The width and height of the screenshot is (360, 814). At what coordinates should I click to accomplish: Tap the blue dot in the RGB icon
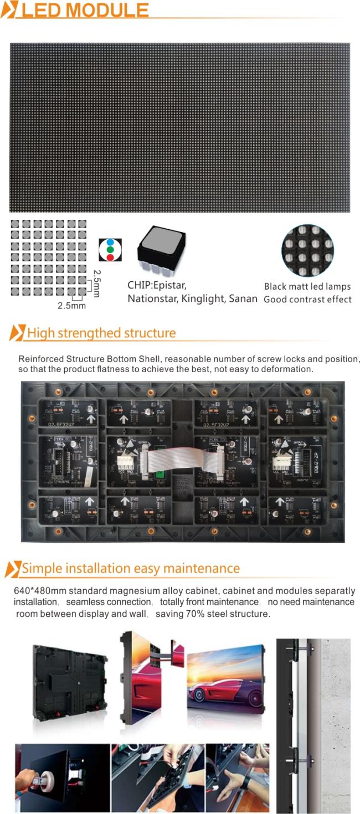110,243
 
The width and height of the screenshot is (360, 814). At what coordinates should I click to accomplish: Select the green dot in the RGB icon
110,250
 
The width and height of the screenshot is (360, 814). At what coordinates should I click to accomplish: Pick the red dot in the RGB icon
110,257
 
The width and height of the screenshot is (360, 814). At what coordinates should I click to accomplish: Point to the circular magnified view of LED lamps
307,250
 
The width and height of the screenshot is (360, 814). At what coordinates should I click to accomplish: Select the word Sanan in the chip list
243,299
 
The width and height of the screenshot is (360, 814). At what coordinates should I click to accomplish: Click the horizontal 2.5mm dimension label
72,305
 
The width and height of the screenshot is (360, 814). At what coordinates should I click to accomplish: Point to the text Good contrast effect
307,300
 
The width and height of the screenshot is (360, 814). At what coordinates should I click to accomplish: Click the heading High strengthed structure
101,333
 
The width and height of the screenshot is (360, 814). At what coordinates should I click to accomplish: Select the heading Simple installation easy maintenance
131,569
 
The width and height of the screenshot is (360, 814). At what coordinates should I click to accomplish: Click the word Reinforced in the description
40,359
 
